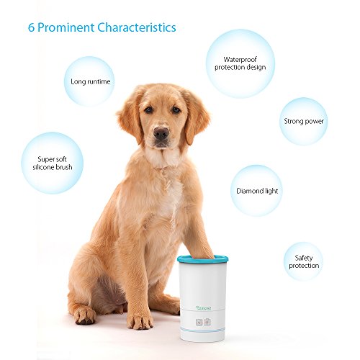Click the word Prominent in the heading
(x=66, y=28)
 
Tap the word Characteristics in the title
(x=137, y=27)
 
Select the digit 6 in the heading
(x=31, y=27)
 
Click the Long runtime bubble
(x=89, y=81)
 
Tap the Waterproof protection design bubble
(x=240, y=63)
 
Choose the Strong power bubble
(x=304, y=121)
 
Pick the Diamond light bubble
(x=256, y=191)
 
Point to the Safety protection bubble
(x=303, y=261)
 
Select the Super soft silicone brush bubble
(x=53, y=163)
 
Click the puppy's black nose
(x=161, y=133)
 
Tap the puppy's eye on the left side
(x=148, y=109)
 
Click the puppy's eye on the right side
(x=176, y=109)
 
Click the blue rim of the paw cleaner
(x=202, y=259)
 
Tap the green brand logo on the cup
(x=203, y=308)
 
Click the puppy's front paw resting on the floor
(x=140, y=320)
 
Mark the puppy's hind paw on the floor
(x=85, y=315)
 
